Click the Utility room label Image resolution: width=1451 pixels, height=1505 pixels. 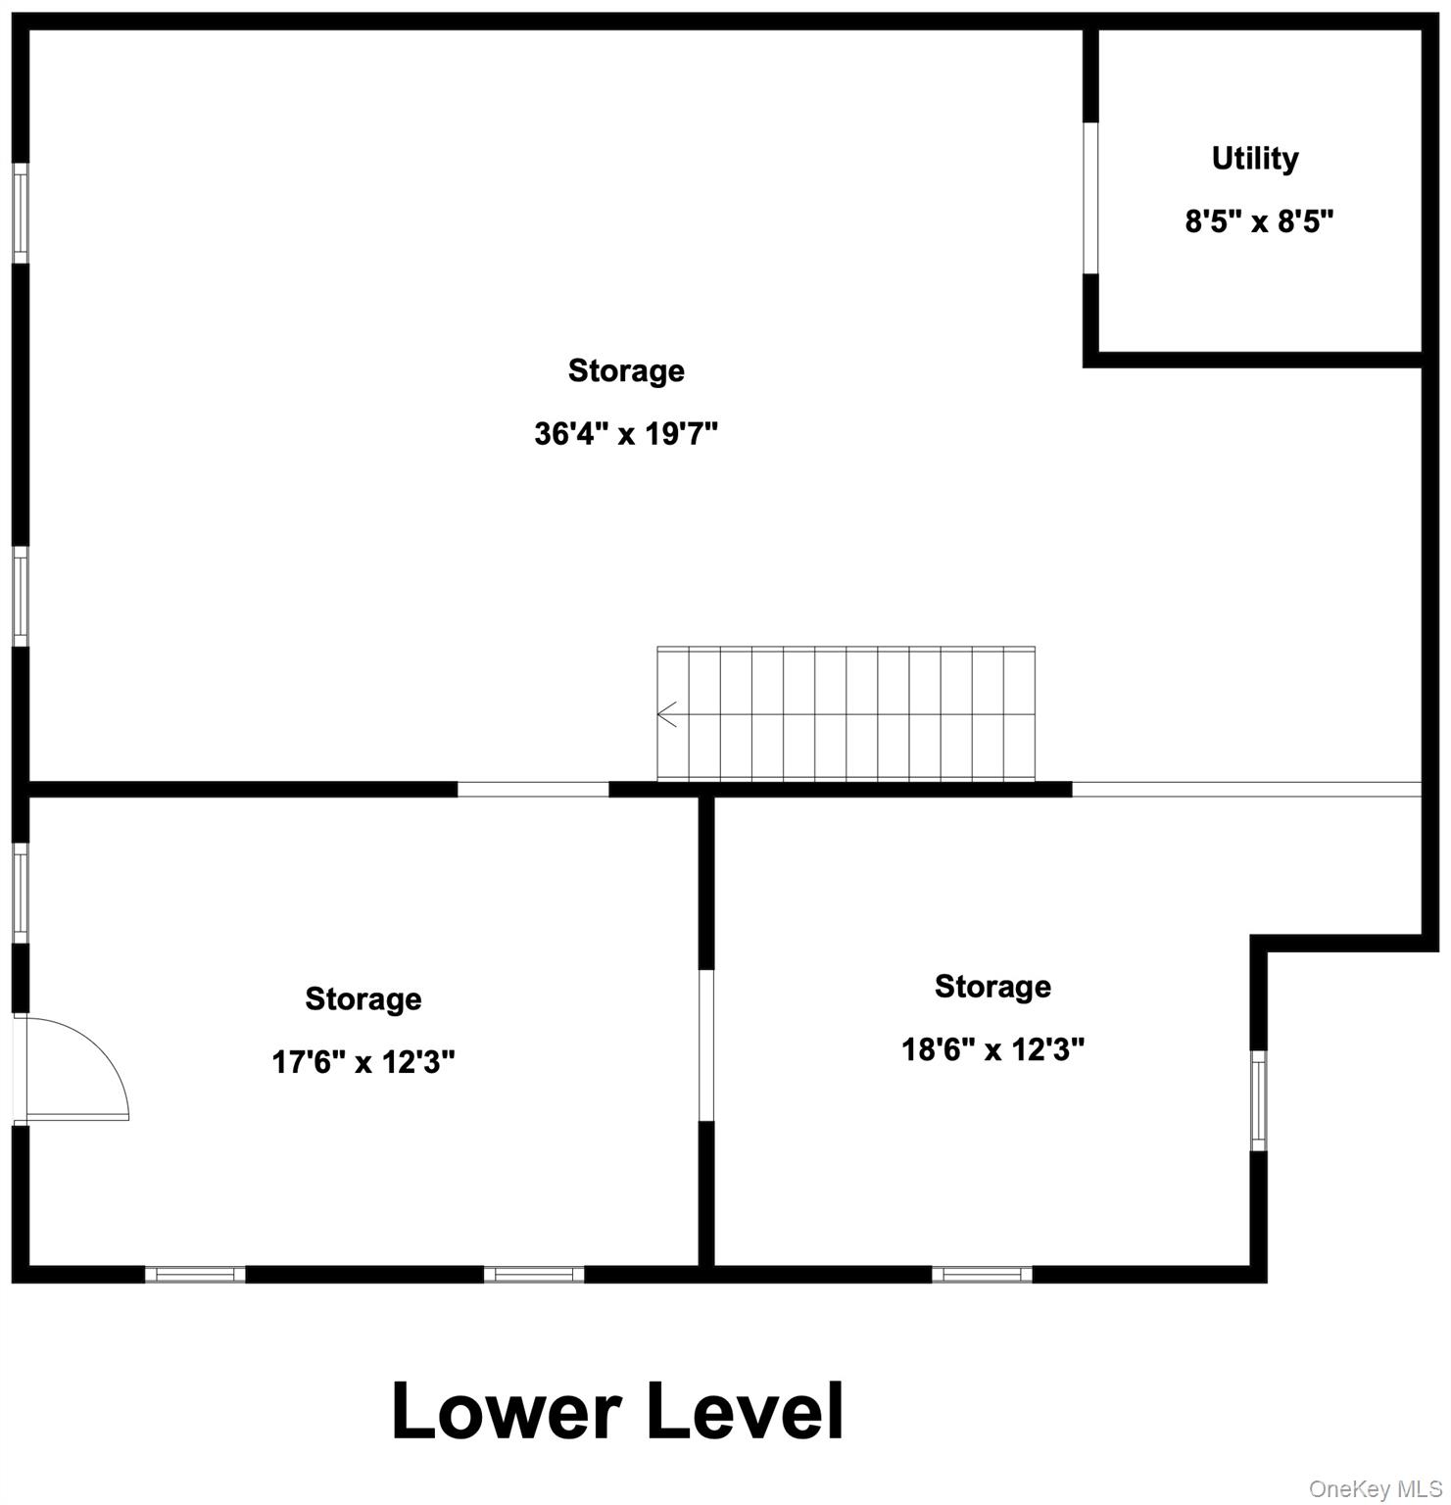tap(1255, 159)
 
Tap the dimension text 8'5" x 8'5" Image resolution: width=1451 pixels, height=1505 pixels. tap(1259, 221)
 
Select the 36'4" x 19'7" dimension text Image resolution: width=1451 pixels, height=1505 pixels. tap(626, 433)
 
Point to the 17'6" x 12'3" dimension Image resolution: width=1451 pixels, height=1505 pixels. tap(363, 1061)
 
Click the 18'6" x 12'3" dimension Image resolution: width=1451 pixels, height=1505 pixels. tap(992, 1050)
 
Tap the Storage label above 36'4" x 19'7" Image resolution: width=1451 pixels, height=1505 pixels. tap(626, 370)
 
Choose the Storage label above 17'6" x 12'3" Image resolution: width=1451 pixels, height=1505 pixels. tap(363, 998)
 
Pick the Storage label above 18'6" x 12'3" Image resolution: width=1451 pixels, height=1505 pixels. tap(992, 986)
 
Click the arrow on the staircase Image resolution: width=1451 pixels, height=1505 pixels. tap(667, 714)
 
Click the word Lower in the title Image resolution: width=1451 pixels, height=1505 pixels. tap(506, 1412)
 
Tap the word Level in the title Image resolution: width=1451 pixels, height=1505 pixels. tap(745, 1412)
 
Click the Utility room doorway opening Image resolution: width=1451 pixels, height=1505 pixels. tap(1089, 198)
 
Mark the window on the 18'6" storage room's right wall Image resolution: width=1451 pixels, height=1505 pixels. tap(1259, 1100)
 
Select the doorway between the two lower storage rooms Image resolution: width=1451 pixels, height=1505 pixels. tap(705, 1045)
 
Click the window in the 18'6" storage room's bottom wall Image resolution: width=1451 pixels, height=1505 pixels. tap(982, 1274)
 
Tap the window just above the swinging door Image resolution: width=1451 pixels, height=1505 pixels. tap(20, 893)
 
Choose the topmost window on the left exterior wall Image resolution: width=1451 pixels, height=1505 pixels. tap(20, 213)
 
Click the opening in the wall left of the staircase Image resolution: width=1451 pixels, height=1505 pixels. tap(533, 789)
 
